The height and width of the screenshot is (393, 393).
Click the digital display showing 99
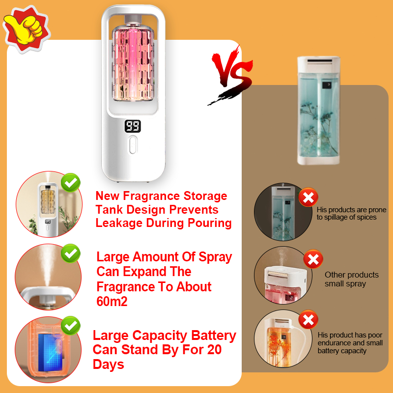(x=133, y=127)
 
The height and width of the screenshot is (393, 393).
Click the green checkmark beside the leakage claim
(x=71, y=183)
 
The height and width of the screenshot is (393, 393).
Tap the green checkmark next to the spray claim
(x=71, y=253)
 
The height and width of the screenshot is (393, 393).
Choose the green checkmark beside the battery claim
(x=71, y=325)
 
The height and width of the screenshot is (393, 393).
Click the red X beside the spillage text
(x=308, y=198)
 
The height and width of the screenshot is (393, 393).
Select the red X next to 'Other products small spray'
(x=313, y=259)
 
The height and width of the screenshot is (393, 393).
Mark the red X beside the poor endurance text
(x=308, y=320)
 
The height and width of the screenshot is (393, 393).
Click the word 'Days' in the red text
(x=109, y=365)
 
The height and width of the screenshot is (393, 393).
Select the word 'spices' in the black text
(x=366, y=217)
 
